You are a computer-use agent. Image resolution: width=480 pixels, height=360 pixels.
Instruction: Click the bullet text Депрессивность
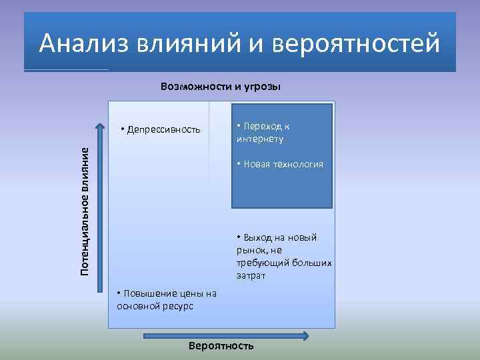tap(163, 129)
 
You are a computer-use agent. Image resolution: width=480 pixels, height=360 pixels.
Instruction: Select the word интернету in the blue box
tap(259, 139)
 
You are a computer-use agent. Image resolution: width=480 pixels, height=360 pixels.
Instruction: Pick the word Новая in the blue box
tap(257, 164)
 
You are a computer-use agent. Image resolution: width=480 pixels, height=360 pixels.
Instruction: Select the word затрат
tap(251, 275)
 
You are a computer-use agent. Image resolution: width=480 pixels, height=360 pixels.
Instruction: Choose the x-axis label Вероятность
tap(221, 346)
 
